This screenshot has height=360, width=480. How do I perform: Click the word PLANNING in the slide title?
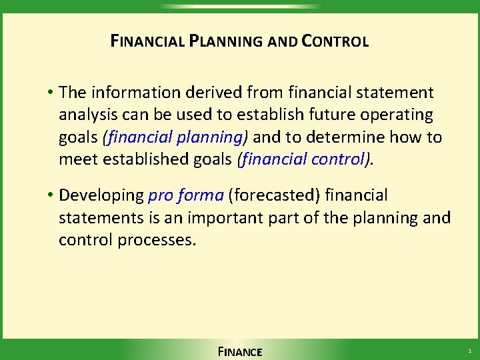pyautogui.click(x=227, y=41)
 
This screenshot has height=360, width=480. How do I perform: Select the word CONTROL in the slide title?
pyautogui.click(x=335, y=41)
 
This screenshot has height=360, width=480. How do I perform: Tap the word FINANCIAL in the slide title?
pyautogui.click(x=147, y=41)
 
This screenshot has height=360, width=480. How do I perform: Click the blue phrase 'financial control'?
pyautogui.click(x=304, y=160)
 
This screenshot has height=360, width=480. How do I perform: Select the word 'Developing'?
pyautogui.click(x=101, y=195)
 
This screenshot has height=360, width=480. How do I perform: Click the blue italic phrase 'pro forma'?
pyautogui.click(x=185, y=195)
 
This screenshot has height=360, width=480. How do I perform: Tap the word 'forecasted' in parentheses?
pyautogui.click(x=274, y=195)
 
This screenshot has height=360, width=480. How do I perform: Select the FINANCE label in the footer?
pyautogui.click(x=240, y=351)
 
